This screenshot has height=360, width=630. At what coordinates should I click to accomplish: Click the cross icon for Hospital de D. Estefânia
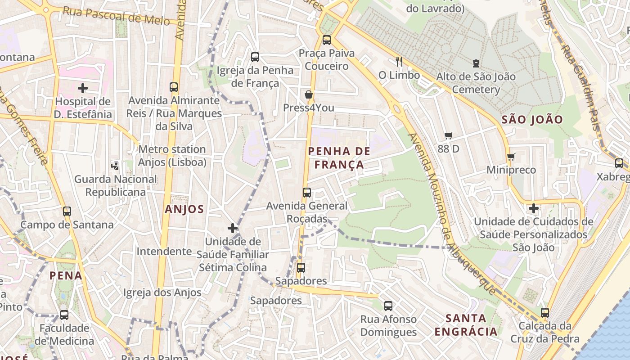(82, 88)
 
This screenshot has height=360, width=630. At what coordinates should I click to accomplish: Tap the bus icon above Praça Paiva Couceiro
(327, 40)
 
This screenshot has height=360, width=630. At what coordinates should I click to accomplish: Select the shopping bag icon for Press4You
(309, 94)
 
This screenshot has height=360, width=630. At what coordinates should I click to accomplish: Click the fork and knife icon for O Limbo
(399, 61)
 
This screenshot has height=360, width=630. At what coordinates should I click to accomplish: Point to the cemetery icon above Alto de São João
(476, 63)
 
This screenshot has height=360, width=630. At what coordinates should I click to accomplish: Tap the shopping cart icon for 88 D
(448, 135)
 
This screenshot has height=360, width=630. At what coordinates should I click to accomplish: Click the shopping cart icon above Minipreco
(511, 157)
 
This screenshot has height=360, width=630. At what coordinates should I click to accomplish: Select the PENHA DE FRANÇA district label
(339, 158)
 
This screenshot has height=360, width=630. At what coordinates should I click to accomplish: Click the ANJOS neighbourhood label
(184, 209)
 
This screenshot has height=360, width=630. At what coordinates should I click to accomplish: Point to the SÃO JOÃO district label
(532, 120)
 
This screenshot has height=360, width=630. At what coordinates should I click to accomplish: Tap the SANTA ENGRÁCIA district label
(466, 325)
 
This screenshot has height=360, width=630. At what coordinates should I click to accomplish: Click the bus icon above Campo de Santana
(67, 211)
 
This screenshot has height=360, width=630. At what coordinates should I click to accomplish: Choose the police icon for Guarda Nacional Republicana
(115, 166)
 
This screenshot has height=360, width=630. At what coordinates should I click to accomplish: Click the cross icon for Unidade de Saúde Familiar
(233, 228)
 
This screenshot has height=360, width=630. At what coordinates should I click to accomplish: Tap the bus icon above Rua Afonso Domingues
(388, 306)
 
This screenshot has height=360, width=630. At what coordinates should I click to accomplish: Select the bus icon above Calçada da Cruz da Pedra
(545, 312)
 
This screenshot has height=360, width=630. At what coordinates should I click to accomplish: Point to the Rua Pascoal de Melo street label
(116, 16)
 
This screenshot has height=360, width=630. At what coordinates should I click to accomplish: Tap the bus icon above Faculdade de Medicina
(64, 315)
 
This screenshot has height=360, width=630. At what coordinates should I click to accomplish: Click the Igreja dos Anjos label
(162, 292)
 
